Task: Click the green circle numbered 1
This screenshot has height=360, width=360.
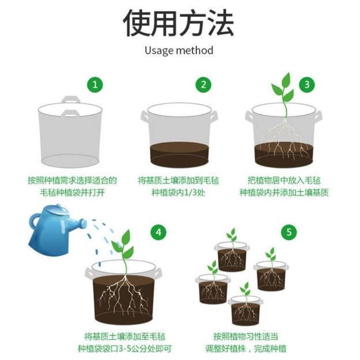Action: coord(95,85)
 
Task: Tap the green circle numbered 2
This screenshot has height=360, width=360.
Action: coord(203,85)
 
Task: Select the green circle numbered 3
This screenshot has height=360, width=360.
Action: coord(307,85)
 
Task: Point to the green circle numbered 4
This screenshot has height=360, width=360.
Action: coord(158,232)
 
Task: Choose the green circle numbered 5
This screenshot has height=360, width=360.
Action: coord(289,232)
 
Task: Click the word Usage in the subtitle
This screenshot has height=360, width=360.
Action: coord(159,51)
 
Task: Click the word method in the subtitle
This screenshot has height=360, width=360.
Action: coord(195,50)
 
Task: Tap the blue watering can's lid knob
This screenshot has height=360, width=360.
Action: coord(58,206)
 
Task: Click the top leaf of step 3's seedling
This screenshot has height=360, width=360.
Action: coord(286,80)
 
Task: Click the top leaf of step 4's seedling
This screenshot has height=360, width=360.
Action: coord(126,237)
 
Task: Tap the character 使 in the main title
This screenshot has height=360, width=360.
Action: coord(137,23)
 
